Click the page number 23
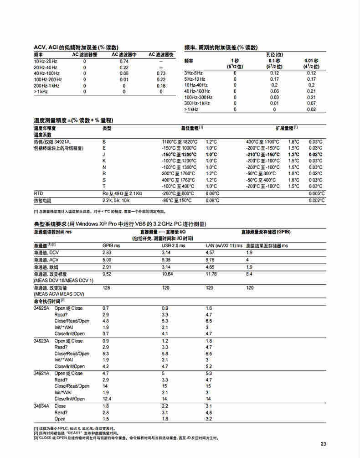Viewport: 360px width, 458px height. click(x=324, y=444)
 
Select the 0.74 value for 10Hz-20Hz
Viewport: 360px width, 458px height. click(x=124, y=61)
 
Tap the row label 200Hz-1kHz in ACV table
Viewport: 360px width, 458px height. click(x=46, y=86)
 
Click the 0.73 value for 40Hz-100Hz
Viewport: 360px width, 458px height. click(x=161, y=73)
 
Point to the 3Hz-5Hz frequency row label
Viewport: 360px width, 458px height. click(x=193, y=73)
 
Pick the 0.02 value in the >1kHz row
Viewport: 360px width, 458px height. click(x=311, y=109)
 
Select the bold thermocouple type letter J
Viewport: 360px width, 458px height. click(x=104, y=155)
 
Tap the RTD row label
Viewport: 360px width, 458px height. click(x=39, y=193)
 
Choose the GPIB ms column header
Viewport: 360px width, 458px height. click(x=111, y=245)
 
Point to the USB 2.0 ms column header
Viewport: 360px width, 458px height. click(x=174, y=245)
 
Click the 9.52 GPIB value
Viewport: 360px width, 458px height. click(x=107, y=274)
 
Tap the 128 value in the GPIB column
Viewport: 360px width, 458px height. click(x=106, y=288)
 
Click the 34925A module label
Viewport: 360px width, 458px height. click(x=42, y=308)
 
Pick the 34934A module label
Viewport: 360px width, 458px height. click(x=42, y=406)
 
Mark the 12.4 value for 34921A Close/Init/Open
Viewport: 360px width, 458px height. click(x=107, y=399)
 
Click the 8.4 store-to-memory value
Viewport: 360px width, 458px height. click(x=250, y=274)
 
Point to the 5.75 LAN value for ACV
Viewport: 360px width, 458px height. click(x=210, y=260)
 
